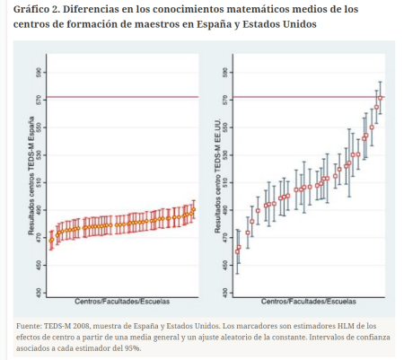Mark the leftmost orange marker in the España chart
(x=51, y=240)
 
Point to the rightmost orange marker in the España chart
(x=193, y=209)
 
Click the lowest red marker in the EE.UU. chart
(x=238, y=250)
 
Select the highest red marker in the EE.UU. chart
(x=381, y=97)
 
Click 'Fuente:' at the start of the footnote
(x=32, y=325)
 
